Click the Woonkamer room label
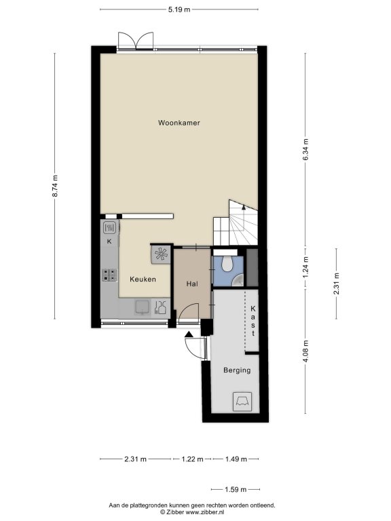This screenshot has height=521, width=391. pos(179,123)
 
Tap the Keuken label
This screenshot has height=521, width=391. pos(143,279)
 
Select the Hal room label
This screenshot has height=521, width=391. pos(192,284)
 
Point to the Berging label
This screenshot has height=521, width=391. pos(237,370)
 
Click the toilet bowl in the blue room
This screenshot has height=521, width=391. pos(228,263)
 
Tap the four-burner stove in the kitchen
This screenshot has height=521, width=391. pos(109,275)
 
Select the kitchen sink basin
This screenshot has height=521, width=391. pos(143,307)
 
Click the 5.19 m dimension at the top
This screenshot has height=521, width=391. pos(179,9)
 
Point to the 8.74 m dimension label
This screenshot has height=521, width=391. pos(55,186)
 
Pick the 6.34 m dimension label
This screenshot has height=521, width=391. pos(305,149)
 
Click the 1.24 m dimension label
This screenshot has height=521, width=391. pos(305,267)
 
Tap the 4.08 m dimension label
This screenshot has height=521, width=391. pos(305,351)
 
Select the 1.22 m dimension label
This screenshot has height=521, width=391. pos(192,459)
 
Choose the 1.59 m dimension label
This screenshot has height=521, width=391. pos(236,489)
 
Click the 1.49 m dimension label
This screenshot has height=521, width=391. pos(236,459)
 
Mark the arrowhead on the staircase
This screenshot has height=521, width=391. pos(244,207)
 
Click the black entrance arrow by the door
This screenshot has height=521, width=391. pos(189,334)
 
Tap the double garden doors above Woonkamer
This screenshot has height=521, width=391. pos(136,41)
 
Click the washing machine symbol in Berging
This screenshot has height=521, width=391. pos(242,402)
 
